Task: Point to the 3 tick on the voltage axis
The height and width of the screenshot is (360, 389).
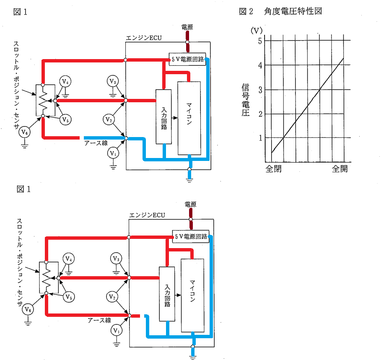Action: [260, 90]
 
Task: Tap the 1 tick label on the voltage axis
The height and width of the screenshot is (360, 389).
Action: [260, 138]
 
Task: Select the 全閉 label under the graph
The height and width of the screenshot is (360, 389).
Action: [273, 169]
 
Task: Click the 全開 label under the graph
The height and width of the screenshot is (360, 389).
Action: [340, 169]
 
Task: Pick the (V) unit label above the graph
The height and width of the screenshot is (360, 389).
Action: [257, 31]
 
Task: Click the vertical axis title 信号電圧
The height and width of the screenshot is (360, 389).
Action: [245, 100]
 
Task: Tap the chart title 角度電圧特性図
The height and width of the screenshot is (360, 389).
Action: [293, 11]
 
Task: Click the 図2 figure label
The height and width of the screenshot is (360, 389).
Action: [246, 11]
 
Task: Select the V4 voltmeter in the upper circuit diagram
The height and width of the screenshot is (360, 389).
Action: [65, 81]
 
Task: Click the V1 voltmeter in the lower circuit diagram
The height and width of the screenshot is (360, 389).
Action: [117, 331]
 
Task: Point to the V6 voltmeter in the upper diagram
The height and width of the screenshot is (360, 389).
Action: [24, 132]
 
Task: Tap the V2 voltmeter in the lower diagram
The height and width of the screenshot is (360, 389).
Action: [112, 297]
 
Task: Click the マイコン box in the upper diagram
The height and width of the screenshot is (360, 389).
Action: [189, 118]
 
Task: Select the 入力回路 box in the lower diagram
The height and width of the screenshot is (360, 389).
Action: [167, 294]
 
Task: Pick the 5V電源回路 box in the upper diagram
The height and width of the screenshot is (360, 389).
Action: [187, 59]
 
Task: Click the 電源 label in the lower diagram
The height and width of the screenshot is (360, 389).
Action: [190, 204]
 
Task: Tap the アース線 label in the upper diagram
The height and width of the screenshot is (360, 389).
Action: [96, 143]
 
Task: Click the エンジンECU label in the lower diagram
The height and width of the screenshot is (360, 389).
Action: [147, 215]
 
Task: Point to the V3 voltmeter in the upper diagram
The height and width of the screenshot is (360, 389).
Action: [113, 81]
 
